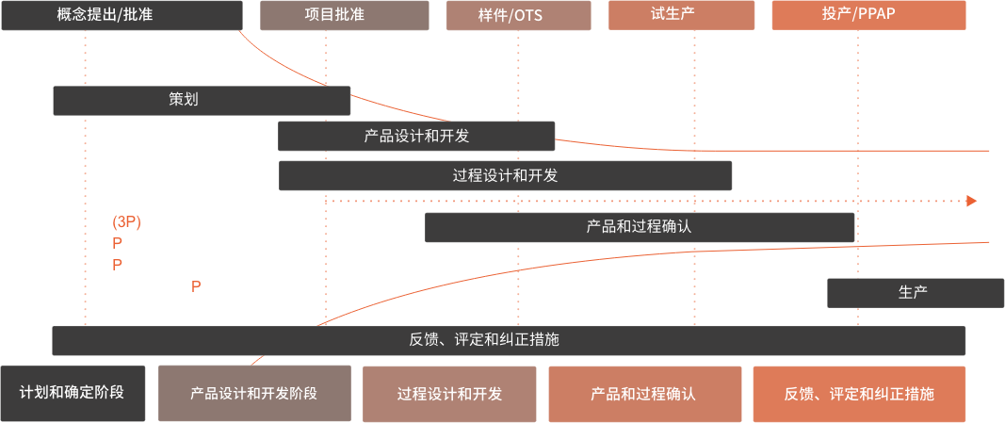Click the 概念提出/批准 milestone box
[122, 15]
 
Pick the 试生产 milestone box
[693, 15]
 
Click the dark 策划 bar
[202, 100]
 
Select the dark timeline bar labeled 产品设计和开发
[415, 136]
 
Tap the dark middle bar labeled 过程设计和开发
[505, 175]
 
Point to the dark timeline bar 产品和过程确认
[639, 227]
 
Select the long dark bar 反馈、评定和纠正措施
[509, 340]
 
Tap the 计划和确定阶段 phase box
[73, 392]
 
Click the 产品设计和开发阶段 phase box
[254, 393]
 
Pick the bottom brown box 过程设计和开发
[449, 393]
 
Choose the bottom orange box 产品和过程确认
[643, 393]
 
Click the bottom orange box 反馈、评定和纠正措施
[859, 393]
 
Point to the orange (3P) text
[126, 222]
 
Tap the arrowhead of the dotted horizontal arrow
[971, 201]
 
